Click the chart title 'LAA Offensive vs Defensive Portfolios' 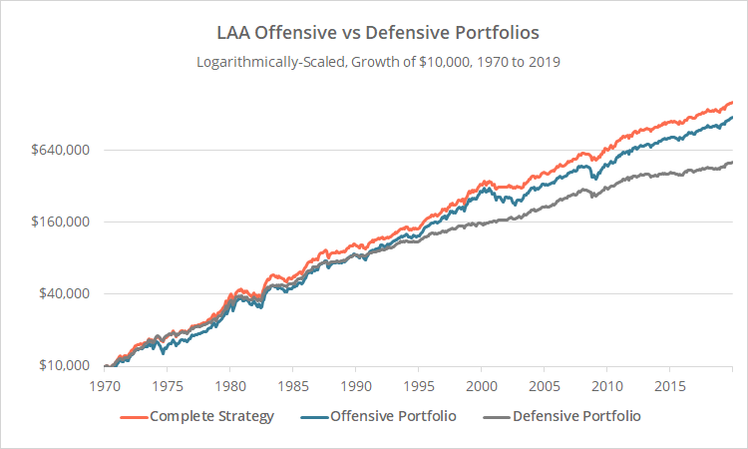(374, 32)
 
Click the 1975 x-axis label (167, 385)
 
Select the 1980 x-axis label (229, 385)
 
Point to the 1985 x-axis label (292, 385)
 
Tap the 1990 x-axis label (355, 385)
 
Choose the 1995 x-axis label (418, 385)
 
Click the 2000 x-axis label (481, 385)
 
